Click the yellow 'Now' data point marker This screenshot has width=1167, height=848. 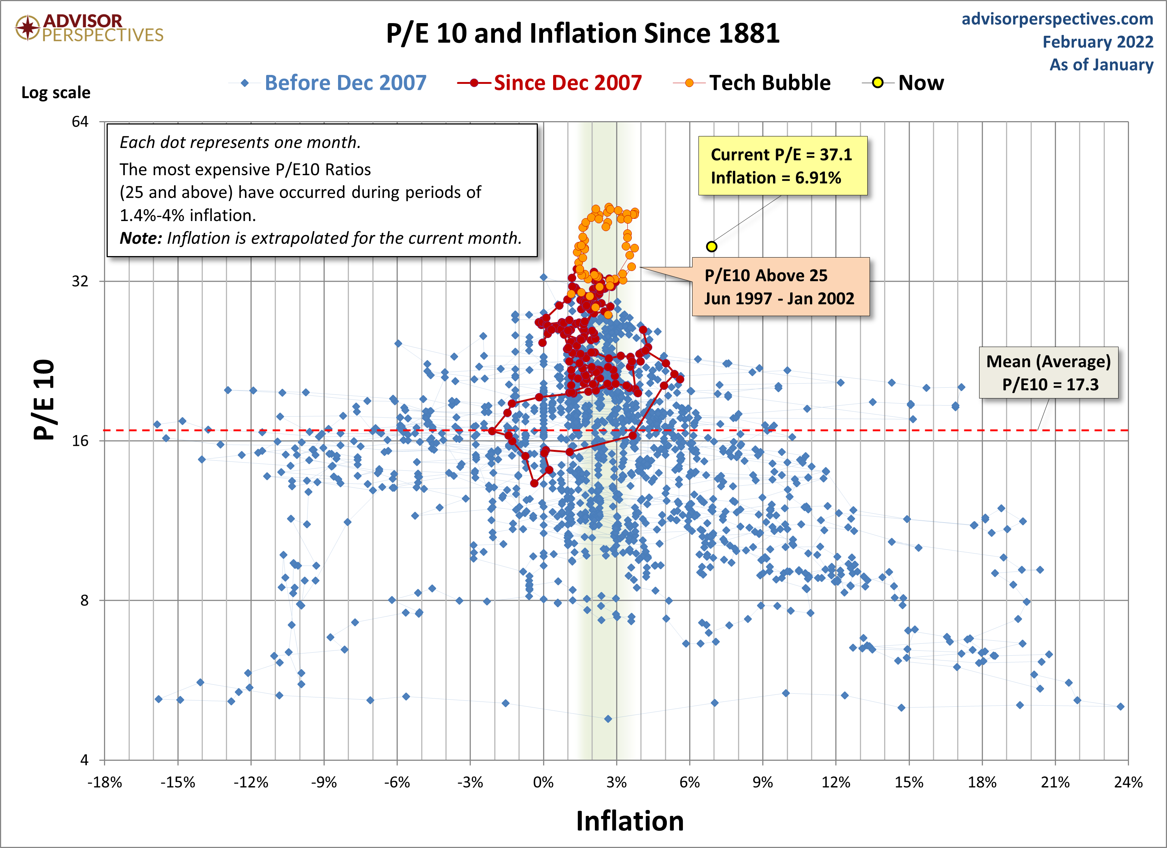point(711,246)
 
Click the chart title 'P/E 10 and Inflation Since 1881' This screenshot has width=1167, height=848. point(583,34)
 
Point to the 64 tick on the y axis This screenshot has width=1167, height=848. point(80,122)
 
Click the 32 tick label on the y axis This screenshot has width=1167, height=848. point(80,281)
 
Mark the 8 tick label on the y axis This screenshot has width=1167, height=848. point(84,600)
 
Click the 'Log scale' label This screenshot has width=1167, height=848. point(56,92)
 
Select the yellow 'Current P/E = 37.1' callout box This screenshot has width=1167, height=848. point(782,166)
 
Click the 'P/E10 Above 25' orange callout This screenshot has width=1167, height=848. point(780,287)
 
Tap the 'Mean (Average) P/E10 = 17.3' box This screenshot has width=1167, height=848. point(1048,372)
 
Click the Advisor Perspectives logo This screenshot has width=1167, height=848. point(88,28)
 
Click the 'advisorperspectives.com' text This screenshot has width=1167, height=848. point(1057,19)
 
